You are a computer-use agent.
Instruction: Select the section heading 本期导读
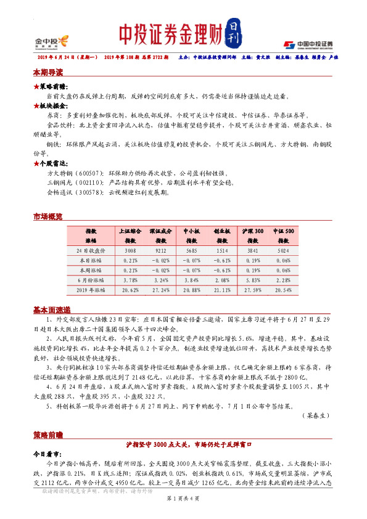pos(48,72)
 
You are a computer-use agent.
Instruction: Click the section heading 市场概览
pos(48,216)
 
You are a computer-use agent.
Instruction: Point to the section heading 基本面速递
pos(52,309)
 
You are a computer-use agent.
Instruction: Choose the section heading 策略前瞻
pos(48,435)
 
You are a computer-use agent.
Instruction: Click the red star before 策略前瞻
pos(36,88)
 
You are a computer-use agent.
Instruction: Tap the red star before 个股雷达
pos(36,163)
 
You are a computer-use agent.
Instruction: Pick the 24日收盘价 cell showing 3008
pos(130,251)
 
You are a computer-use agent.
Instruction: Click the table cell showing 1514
pos(222,251)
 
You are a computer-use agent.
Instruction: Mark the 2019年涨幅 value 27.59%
pos(253,288)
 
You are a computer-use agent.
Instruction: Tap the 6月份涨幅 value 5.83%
pos(253,279)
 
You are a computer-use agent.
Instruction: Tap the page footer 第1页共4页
pos(183,497)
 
